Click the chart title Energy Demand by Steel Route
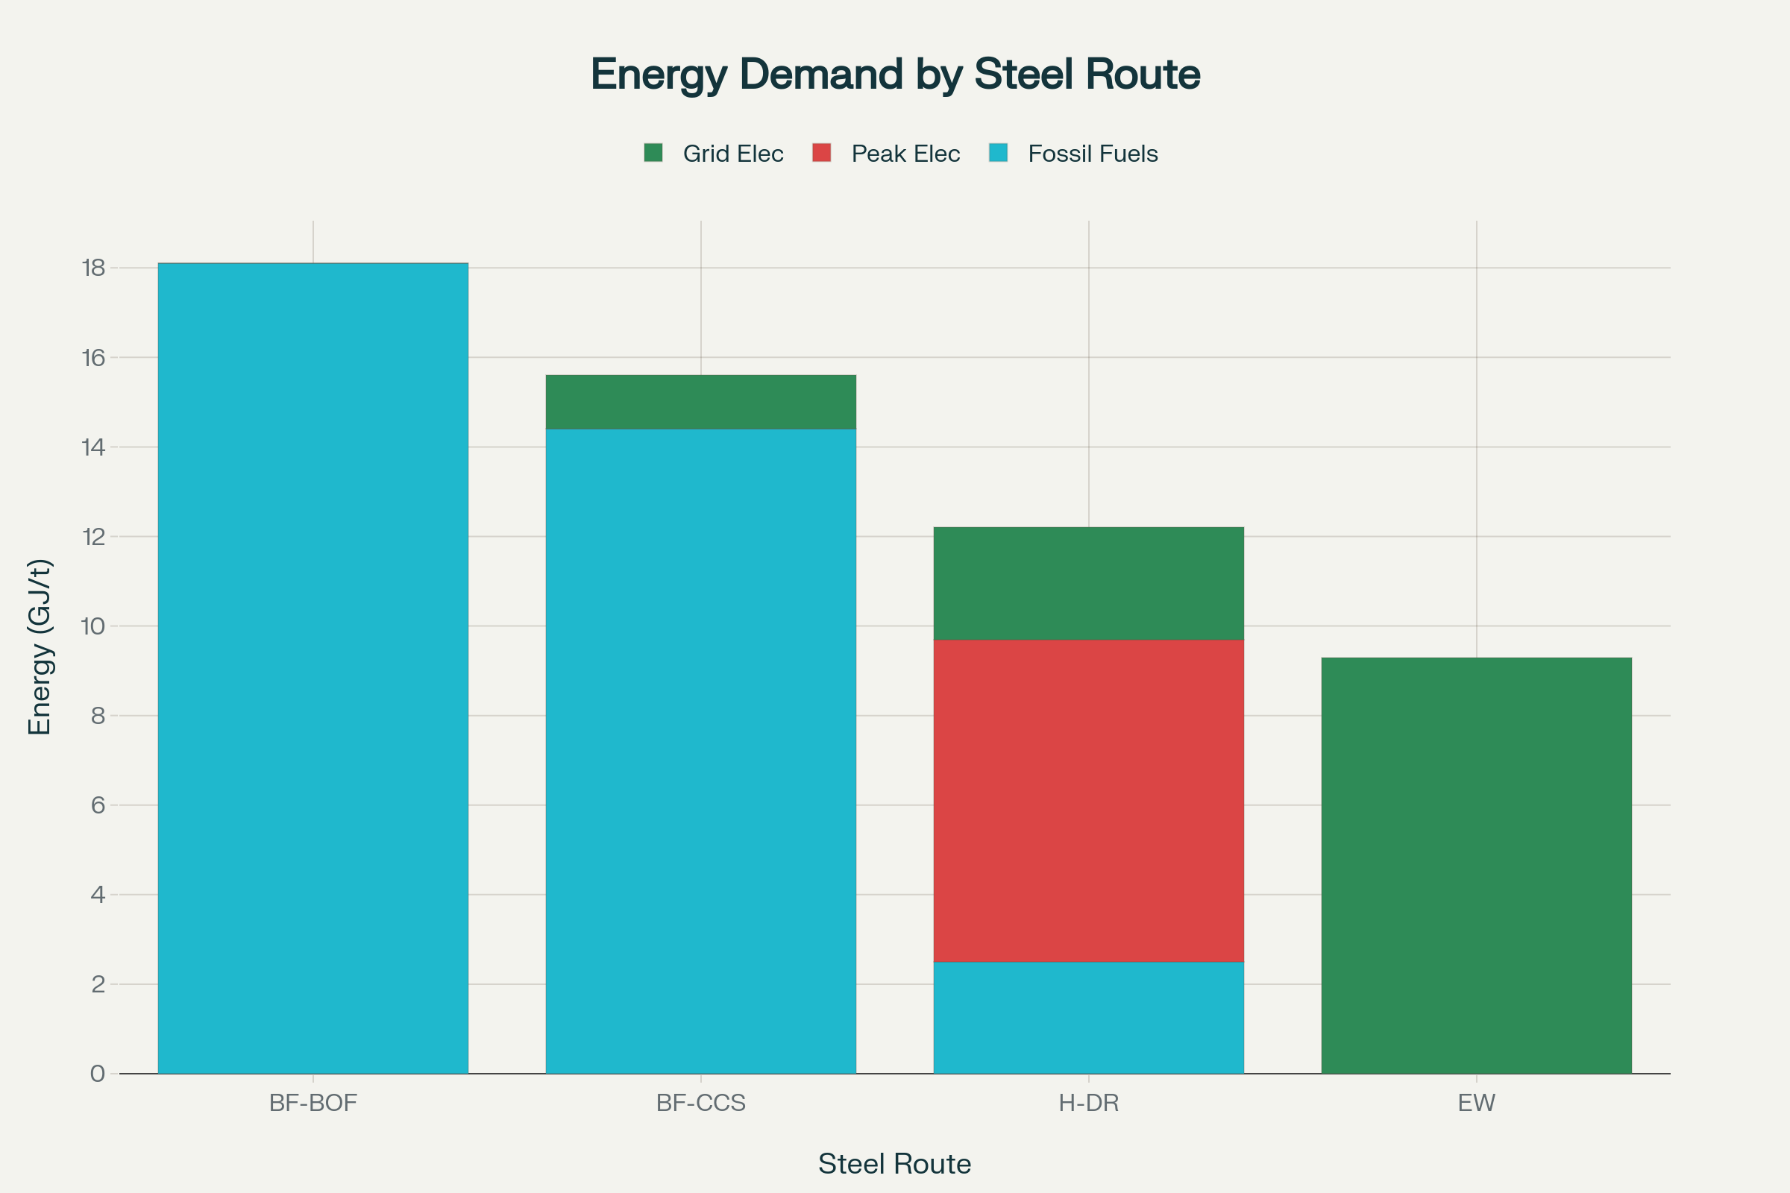pos(895,75)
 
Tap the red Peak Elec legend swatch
pos(821,153)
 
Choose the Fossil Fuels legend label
pos(1092,154)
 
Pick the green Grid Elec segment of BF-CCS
pos(701,402)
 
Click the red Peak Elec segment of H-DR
pos(1088,800)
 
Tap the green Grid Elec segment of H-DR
pos(1088,584)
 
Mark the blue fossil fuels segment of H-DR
pos(1088,1017)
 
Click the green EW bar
pos(1477,865)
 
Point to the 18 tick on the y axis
pos(94,268)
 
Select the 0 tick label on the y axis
pos(98,1074)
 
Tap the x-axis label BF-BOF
pos(313,1103)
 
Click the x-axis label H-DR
pos(1088,1103)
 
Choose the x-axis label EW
pos(1477,1103)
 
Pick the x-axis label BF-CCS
pos(701,1103)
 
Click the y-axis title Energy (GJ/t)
pos(40,647)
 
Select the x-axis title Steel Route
pos(894,1164)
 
